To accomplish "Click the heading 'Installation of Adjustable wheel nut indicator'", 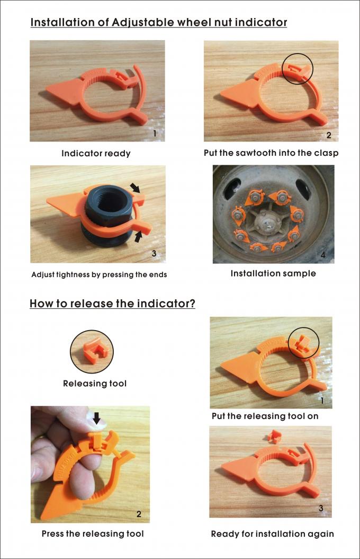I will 158,22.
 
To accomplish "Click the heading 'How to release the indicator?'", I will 112,304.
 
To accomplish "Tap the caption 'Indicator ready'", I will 96,154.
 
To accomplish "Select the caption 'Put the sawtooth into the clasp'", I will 271,153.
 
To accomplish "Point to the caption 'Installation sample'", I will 273,274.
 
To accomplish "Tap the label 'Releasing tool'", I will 95,383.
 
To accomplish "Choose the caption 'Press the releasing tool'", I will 93,534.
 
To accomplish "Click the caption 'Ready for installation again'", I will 272,534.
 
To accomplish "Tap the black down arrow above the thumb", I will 96,419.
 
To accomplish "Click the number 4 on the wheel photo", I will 323,255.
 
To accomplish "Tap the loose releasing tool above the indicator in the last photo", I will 274,436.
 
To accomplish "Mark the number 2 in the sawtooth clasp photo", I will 328,135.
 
